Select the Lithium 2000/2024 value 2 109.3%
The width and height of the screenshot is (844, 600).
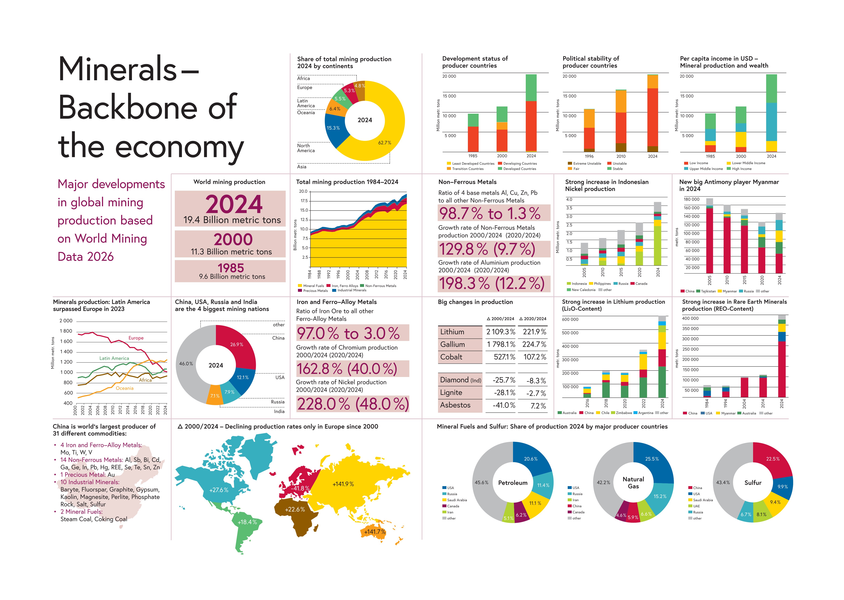click(x=501, y=332)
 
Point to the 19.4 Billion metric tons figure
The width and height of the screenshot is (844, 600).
click(x=232, y=220)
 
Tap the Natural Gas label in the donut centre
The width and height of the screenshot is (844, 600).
click(x=633, y=482)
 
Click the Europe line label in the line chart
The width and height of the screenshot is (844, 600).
click(x=136, y=338)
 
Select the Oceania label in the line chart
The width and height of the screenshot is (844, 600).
click(x=124, y=388)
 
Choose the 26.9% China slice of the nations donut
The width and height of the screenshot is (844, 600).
click(x=237, y=344)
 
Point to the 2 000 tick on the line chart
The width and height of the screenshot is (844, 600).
click(x=66, y=321)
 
